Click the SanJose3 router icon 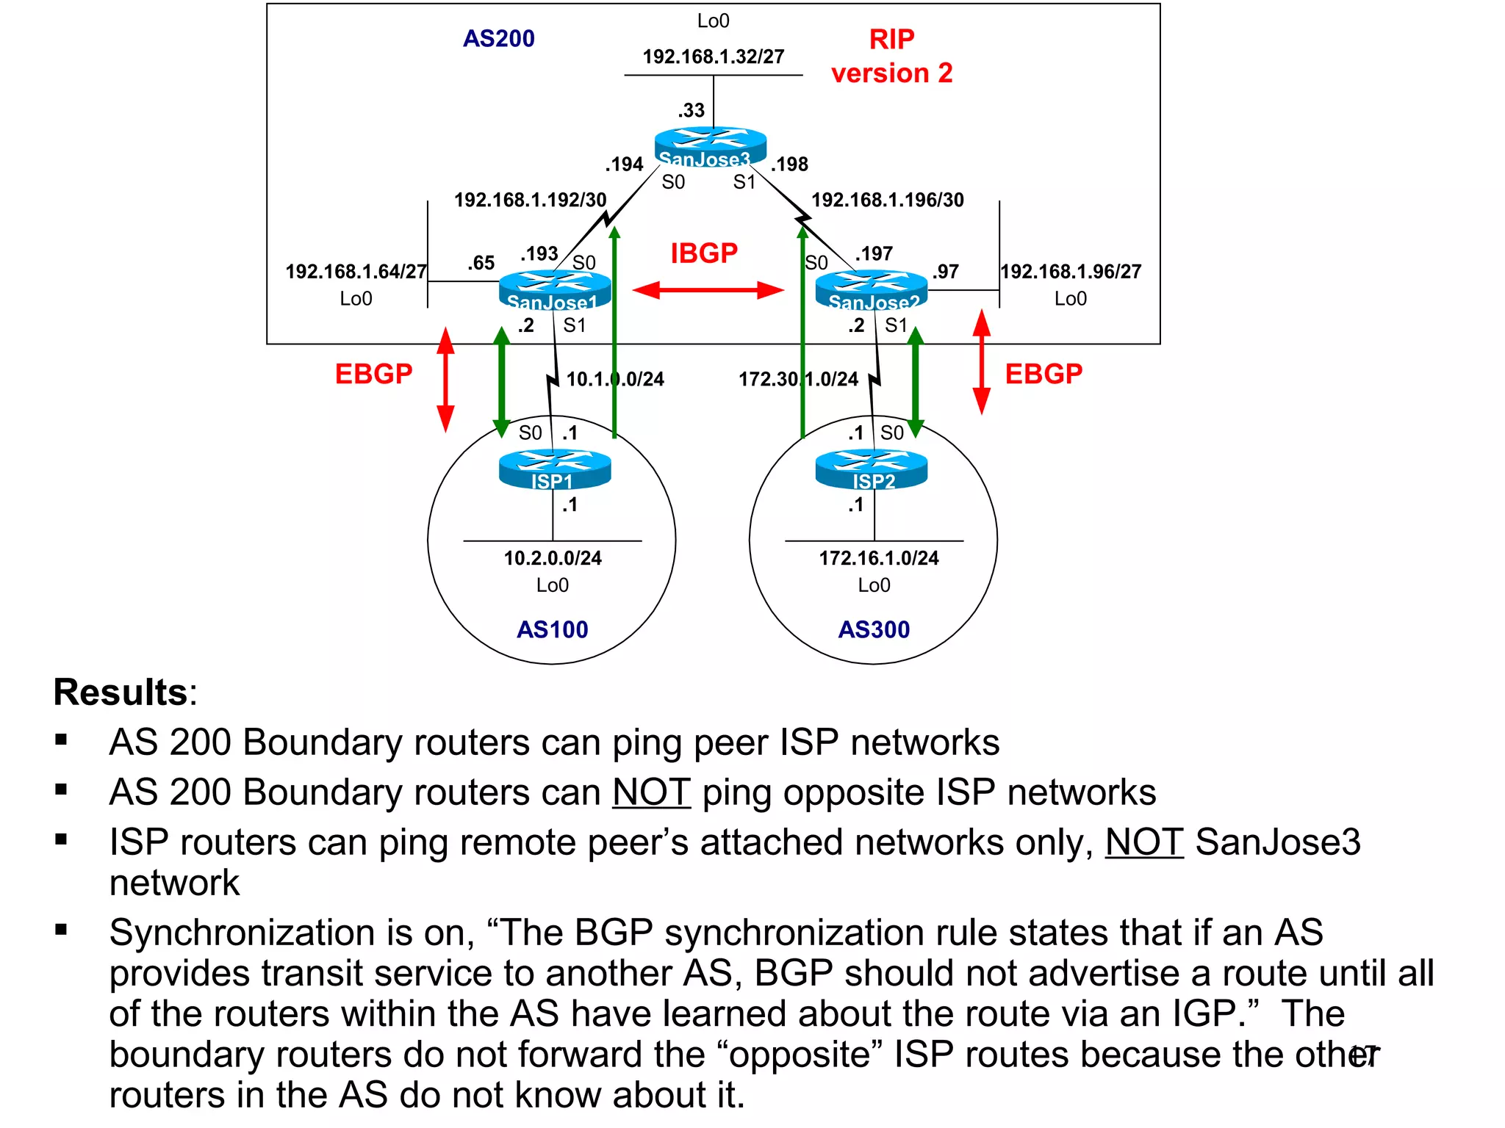(x=710, y=145)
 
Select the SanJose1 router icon (x=555, y=289)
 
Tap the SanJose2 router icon (x=872, y=289)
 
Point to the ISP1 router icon (x=555, y=469)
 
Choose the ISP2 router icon (x=872, y=469)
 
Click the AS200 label (x=498, y=38)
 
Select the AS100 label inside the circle (x=553, y=629)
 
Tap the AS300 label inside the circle (x=874, y=629)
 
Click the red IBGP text (x=703, y=253)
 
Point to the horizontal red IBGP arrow (x=708, y=290)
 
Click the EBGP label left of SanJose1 (x=373, y=374)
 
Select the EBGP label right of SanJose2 (x=1044, y=374)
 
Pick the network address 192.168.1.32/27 (x=713, y=57)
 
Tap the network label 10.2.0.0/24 (x=553, y=558)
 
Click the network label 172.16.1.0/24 (x=879, y=558)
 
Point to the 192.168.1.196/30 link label (x=887, y=200)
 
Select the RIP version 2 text (x=891, y=56)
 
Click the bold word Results (x=121, y=693)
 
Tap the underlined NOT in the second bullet (x=651, y=792)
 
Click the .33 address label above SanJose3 (x=691, y=110)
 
